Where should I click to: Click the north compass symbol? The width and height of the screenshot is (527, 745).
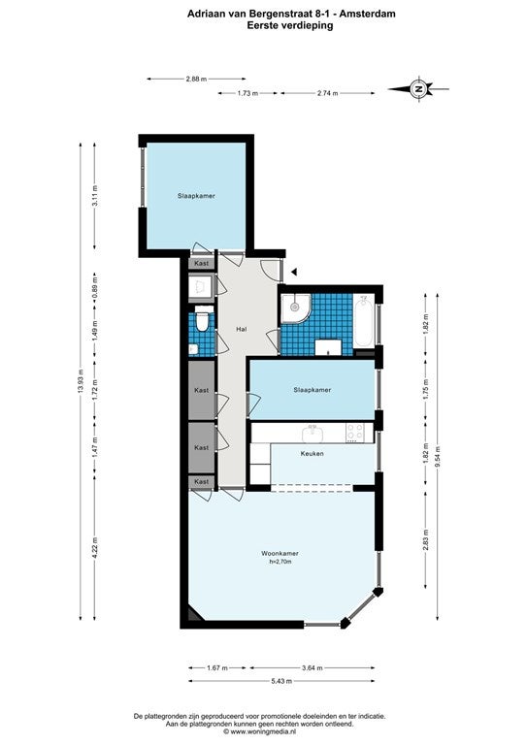click(418, 89)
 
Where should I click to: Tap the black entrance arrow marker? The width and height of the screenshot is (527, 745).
click(295, 272)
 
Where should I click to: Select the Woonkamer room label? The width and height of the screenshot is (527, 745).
click(280, 553)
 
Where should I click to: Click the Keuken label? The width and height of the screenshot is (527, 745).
click(313, 453)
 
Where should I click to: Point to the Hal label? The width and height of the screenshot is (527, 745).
click(242, 329)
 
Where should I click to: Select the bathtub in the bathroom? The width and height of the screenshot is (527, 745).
click(364, 321)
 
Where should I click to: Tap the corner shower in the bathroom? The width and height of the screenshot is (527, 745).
click(296, 308)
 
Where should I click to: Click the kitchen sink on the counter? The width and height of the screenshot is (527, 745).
click(313, 434)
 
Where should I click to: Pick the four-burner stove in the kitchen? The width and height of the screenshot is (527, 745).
click(354, 433)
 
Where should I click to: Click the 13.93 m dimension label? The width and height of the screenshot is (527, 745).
click(81, 380)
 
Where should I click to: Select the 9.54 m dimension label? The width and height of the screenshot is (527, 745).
click(438, 457)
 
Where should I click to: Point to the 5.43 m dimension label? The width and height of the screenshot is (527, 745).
click(281, 681)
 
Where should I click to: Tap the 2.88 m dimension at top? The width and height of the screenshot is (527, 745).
click(196, 79)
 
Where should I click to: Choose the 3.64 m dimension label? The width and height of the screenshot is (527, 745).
click(313, 667)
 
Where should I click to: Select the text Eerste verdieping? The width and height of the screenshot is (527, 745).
click(290, 25)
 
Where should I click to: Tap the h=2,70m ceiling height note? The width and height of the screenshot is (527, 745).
click(280, 562)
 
